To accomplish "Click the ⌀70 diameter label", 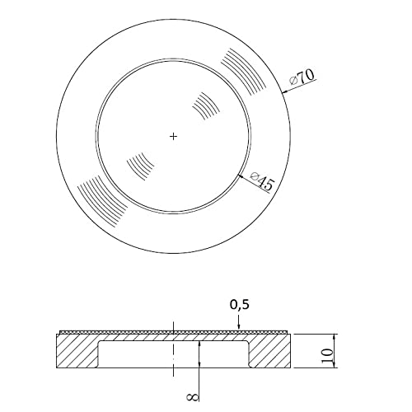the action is click(302, 77).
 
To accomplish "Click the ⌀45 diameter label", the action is click(262, 181).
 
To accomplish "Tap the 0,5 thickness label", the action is click(240, 304).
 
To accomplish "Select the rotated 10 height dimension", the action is click(327, 356).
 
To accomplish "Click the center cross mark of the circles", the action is click(173, 136).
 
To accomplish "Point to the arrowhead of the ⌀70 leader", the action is click(285, 91).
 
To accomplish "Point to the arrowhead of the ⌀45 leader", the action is click(241, 176).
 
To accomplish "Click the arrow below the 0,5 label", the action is click(239, 322).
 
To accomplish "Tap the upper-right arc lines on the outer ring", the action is click(243, 72).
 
